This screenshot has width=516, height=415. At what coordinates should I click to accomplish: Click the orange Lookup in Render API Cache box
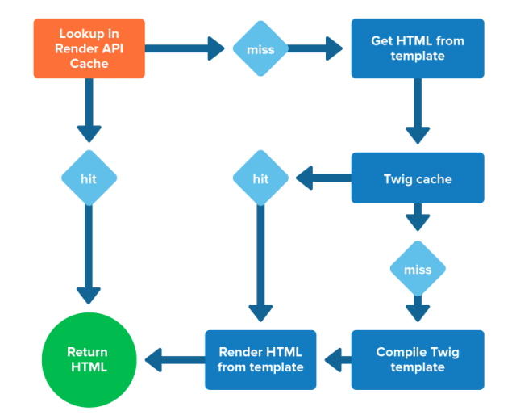89,48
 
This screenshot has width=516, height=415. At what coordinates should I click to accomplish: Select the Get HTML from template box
418,48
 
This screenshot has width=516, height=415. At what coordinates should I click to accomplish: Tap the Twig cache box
418,178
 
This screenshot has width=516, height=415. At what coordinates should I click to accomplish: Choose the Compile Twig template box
418,359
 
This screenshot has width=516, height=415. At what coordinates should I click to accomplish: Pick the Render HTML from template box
260,359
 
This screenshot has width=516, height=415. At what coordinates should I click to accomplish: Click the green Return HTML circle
87,360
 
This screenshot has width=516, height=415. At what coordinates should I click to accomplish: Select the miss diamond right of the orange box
260,49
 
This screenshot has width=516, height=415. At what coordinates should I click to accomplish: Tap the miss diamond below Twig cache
417,269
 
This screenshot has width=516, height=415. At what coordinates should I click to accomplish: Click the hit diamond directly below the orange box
89,178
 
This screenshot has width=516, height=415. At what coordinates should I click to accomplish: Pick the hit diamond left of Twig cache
260,178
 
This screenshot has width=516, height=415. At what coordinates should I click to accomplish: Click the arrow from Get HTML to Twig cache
417,113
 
